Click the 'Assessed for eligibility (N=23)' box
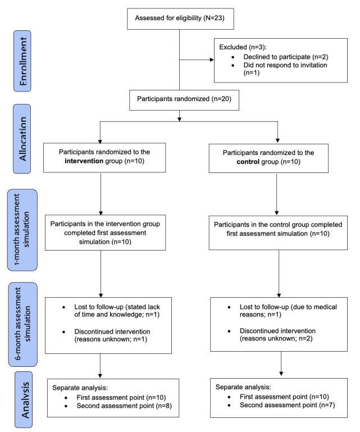pos(180,19)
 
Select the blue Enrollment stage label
pos(22,61)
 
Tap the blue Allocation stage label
pos(22,139)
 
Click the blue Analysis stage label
pos(24,399)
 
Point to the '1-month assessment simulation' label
pos(22,230)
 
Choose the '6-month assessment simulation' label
pos(23,324)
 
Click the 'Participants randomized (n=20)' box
pos(184,100)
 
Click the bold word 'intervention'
pos(84,161)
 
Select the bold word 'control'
pos(248,162)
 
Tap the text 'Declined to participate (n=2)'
pos(286,57)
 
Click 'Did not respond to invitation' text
pos(285,65)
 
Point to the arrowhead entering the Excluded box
pos(212,60)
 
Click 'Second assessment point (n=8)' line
pos(124,406)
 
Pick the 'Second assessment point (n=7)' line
pos(288,405)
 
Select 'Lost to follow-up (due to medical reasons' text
pos(288,311)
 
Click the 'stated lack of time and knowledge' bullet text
pos(117,311)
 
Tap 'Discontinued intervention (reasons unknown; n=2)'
pos(277,334)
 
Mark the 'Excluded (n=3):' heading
pos(243,47)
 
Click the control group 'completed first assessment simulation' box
pos(278,233)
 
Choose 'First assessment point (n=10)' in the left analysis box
pos(121,398)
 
